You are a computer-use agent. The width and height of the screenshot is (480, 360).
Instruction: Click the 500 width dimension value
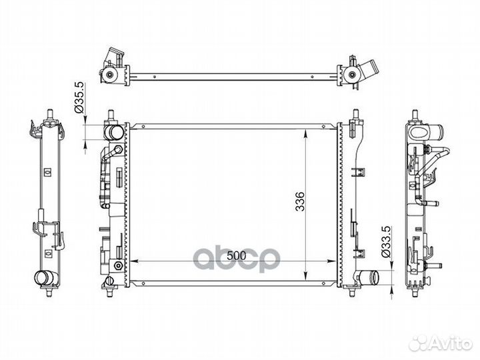pyautogui.click(x=236, y=255)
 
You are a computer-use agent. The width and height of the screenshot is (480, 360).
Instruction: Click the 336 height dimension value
pyautogui.click(x=300, y=201)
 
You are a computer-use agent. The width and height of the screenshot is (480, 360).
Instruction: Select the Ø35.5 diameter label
pyautogui.click(x=79, y=97)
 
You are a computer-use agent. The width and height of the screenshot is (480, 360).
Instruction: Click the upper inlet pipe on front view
pyautogui.click(x=113, y=132)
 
